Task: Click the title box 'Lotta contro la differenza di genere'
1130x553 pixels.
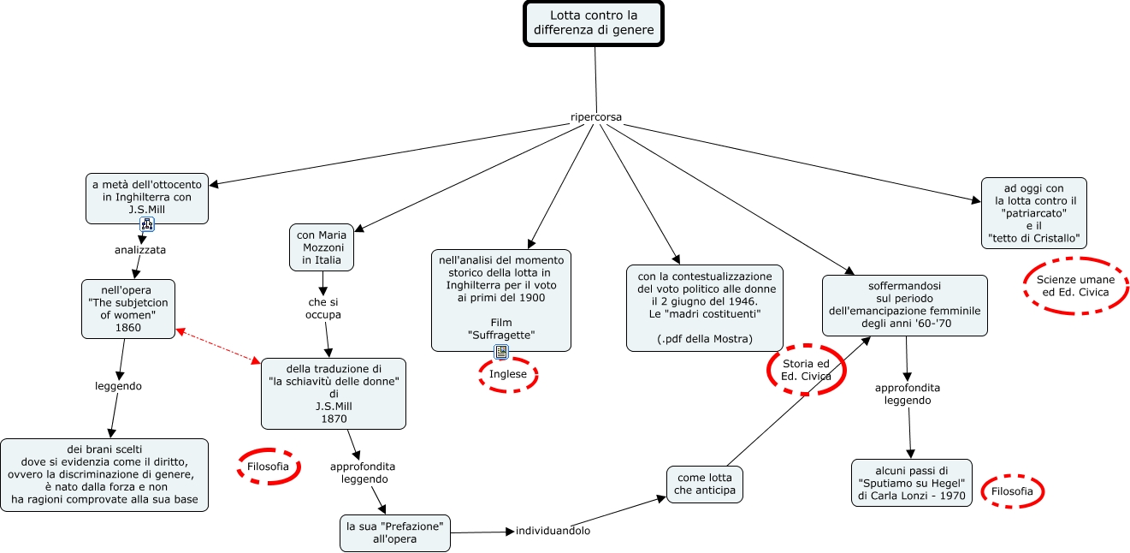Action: tap(594, 23)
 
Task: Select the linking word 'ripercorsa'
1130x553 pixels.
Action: tap(595, 116)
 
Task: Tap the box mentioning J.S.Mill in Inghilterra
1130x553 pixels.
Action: tap(147, 197)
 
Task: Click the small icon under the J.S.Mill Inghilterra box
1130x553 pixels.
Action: tap(147, 224)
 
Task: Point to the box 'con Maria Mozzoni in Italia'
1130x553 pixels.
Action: tap(322, 247)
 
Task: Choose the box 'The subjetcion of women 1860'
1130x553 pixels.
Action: tap(128, 308)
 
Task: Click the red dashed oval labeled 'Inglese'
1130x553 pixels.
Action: tap(508, 374)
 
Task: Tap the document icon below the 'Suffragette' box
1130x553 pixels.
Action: tap(501, 352)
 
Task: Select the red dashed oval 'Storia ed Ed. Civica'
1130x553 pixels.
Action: tap(806, 371)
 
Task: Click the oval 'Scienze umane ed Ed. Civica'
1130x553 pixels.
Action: tap(1075, 286)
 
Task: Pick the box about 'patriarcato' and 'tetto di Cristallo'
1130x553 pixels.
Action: tap(1033, 212)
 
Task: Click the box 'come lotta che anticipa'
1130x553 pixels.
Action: tap(705, 484)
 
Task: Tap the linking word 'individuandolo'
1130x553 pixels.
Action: tap(553, 531)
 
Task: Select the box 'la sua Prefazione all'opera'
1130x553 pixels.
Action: tap(394, 532)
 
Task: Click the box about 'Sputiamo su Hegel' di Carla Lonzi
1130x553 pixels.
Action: tap(911, 483)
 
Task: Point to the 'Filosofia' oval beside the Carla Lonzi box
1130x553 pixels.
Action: tap(1013, 491)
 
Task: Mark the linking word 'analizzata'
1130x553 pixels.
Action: tap(140, 250)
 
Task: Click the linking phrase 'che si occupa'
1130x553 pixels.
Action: tap(323, 308)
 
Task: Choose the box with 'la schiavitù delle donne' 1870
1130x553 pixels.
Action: tap(334, 394)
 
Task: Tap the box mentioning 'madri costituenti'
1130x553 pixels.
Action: tap(704, 307)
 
